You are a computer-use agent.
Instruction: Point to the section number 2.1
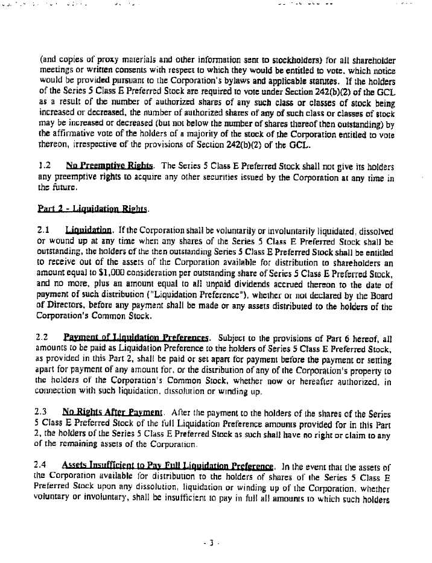point(44,231)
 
